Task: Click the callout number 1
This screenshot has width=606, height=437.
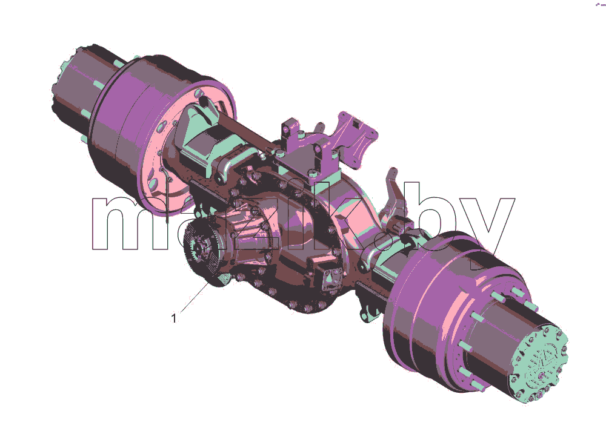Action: (x=174, y=318)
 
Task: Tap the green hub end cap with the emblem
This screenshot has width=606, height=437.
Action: (x=540, y=364)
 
